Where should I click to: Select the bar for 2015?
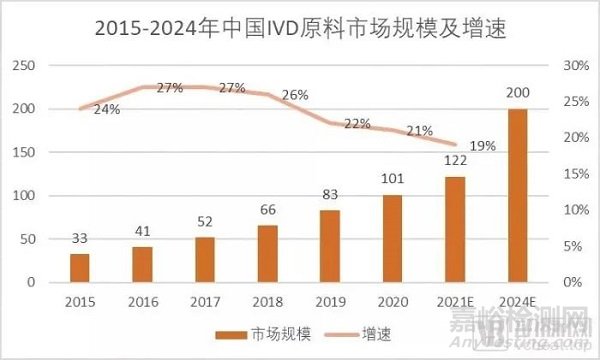tap(80, 268)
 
